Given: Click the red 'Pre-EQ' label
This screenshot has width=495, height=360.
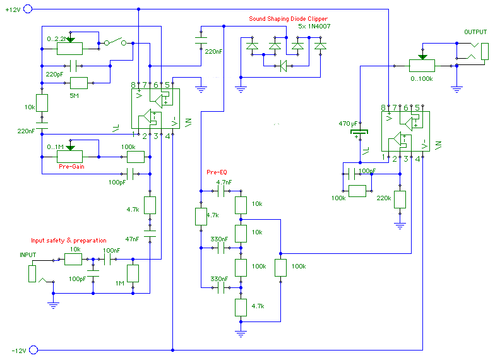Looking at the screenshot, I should tap(217, 172).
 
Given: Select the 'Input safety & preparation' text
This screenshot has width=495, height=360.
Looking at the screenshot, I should tap(69, 241).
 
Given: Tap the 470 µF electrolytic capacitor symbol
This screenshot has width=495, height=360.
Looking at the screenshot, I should tap(359, 134).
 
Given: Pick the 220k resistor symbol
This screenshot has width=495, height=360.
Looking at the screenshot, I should tap(399, 199).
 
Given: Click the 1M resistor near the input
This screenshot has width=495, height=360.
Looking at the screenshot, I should tap(133, 273).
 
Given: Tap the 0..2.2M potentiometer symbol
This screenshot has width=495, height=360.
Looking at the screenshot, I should tap(70, 46).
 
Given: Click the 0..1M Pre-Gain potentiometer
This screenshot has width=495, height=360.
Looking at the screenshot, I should tap(70, 156).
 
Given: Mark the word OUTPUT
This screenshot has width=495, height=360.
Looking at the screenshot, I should tap(475, 32).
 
